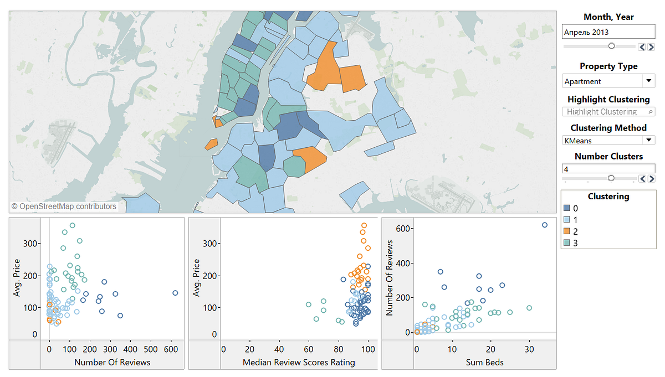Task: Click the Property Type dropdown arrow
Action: point(649,81)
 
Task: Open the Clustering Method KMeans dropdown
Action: point(649,141)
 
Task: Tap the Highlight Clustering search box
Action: point(608,112)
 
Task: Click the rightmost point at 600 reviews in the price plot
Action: point(175,293)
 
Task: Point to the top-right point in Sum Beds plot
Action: point(545,225)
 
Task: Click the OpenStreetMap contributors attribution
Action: point(64,206)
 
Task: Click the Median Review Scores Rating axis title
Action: point(299,363)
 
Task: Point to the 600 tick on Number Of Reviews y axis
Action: point(403,229)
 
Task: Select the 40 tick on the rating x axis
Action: point(279,350)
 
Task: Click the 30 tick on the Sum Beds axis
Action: point(529,350)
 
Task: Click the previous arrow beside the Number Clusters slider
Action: point(643,179)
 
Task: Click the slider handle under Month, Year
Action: point(611,46)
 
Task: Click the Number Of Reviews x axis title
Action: point(112,363)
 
